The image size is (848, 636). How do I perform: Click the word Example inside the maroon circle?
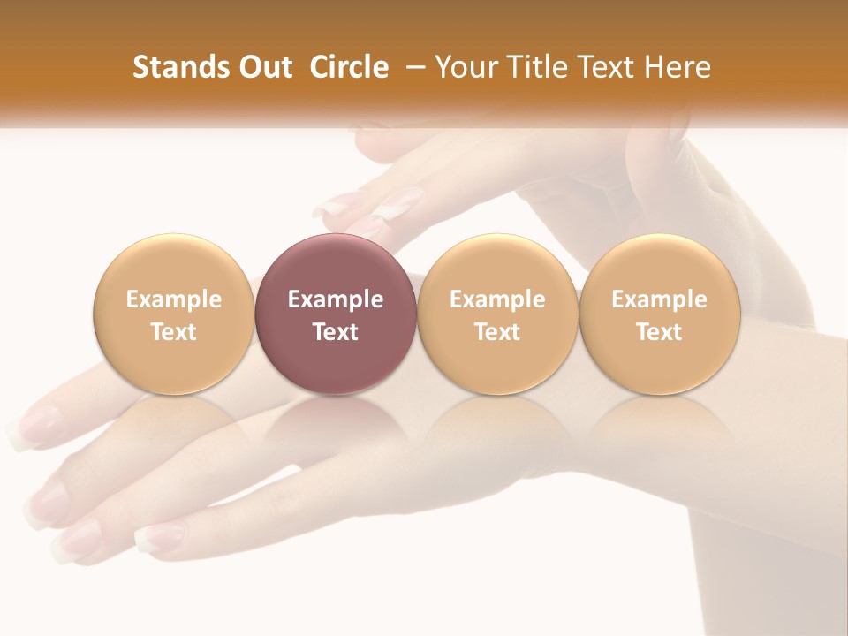(x=336, y=299)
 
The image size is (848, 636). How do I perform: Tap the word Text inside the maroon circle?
(x=336, y=332)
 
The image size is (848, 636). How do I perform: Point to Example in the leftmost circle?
(x=173, y=299)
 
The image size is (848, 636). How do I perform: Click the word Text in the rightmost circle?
(x=660, y=332)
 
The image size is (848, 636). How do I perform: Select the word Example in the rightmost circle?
(x=660, y=299)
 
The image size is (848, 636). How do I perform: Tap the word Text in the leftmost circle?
(x=173, y=332)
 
